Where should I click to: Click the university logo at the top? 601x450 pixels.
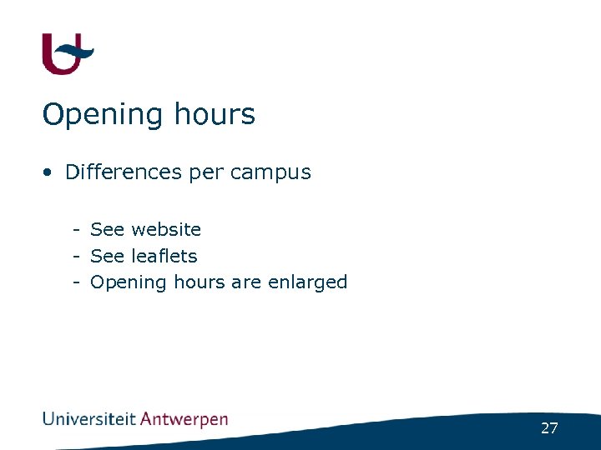68,54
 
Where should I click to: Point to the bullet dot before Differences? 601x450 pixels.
50,172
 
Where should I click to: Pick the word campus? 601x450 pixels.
270,173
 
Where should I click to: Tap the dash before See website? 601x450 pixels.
76,229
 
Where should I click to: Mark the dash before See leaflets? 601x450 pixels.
76,256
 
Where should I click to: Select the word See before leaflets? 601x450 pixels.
108,256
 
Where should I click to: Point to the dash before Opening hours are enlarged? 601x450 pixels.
76,282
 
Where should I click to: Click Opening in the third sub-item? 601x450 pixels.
129,283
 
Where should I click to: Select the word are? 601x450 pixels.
246,282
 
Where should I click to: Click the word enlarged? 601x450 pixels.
307,283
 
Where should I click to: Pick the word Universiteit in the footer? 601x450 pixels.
89,419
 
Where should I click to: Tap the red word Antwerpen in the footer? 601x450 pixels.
184,420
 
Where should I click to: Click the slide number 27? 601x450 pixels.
549,428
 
